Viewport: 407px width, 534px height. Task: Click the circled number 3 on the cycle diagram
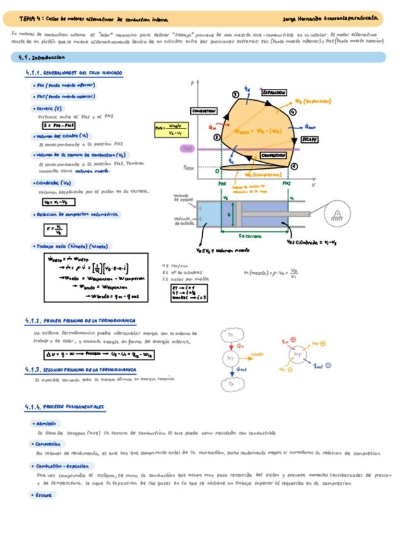pos(234,94)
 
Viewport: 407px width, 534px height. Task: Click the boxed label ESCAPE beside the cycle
pos(309,139)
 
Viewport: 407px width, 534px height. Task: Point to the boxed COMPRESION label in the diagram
pos(273,155)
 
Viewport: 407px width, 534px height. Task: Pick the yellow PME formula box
pos(172,130)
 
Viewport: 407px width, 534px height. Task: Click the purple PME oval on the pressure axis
pos(187,149)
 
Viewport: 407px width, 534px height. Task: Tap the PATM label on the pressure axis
pos(188,168)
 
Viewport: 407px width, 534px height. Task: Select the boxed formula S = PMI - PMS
pos(58,125)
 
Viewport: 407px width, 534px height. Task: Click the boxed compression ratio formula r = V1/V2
pos(56,229)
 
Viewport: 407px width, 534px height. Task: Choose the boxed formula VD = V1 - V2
pos(55,202)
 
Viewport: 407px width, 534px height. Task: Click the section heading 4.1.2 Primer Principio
pos(71,321)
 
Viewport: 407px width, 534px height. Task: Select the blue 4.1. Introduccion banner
pos(198,57)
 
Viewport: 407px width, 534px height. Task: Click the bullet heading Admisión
pos(48,424)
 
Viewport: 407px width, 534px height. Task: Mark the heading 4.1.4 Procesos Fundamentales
pos(66,407)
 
